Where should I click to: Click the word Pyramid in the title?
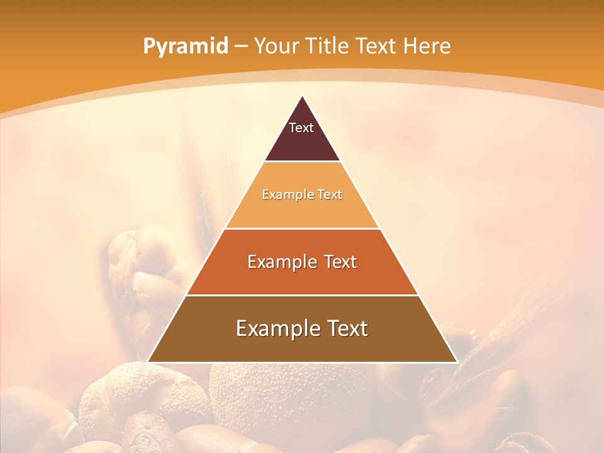coord(186,47)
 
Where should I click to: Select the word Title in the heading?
coord(327,47)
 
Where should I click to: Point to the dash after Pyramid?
coord(240,47)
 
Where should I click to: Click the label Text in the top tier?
coord(301,128)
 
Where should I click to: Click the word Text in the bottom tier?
coord(346,328)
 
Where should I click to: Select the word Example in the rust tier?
coord(279,262)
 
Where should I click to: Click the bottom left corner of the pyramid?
coord(148,362)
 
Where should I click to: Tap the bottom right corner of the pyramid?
coord(457,362)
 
